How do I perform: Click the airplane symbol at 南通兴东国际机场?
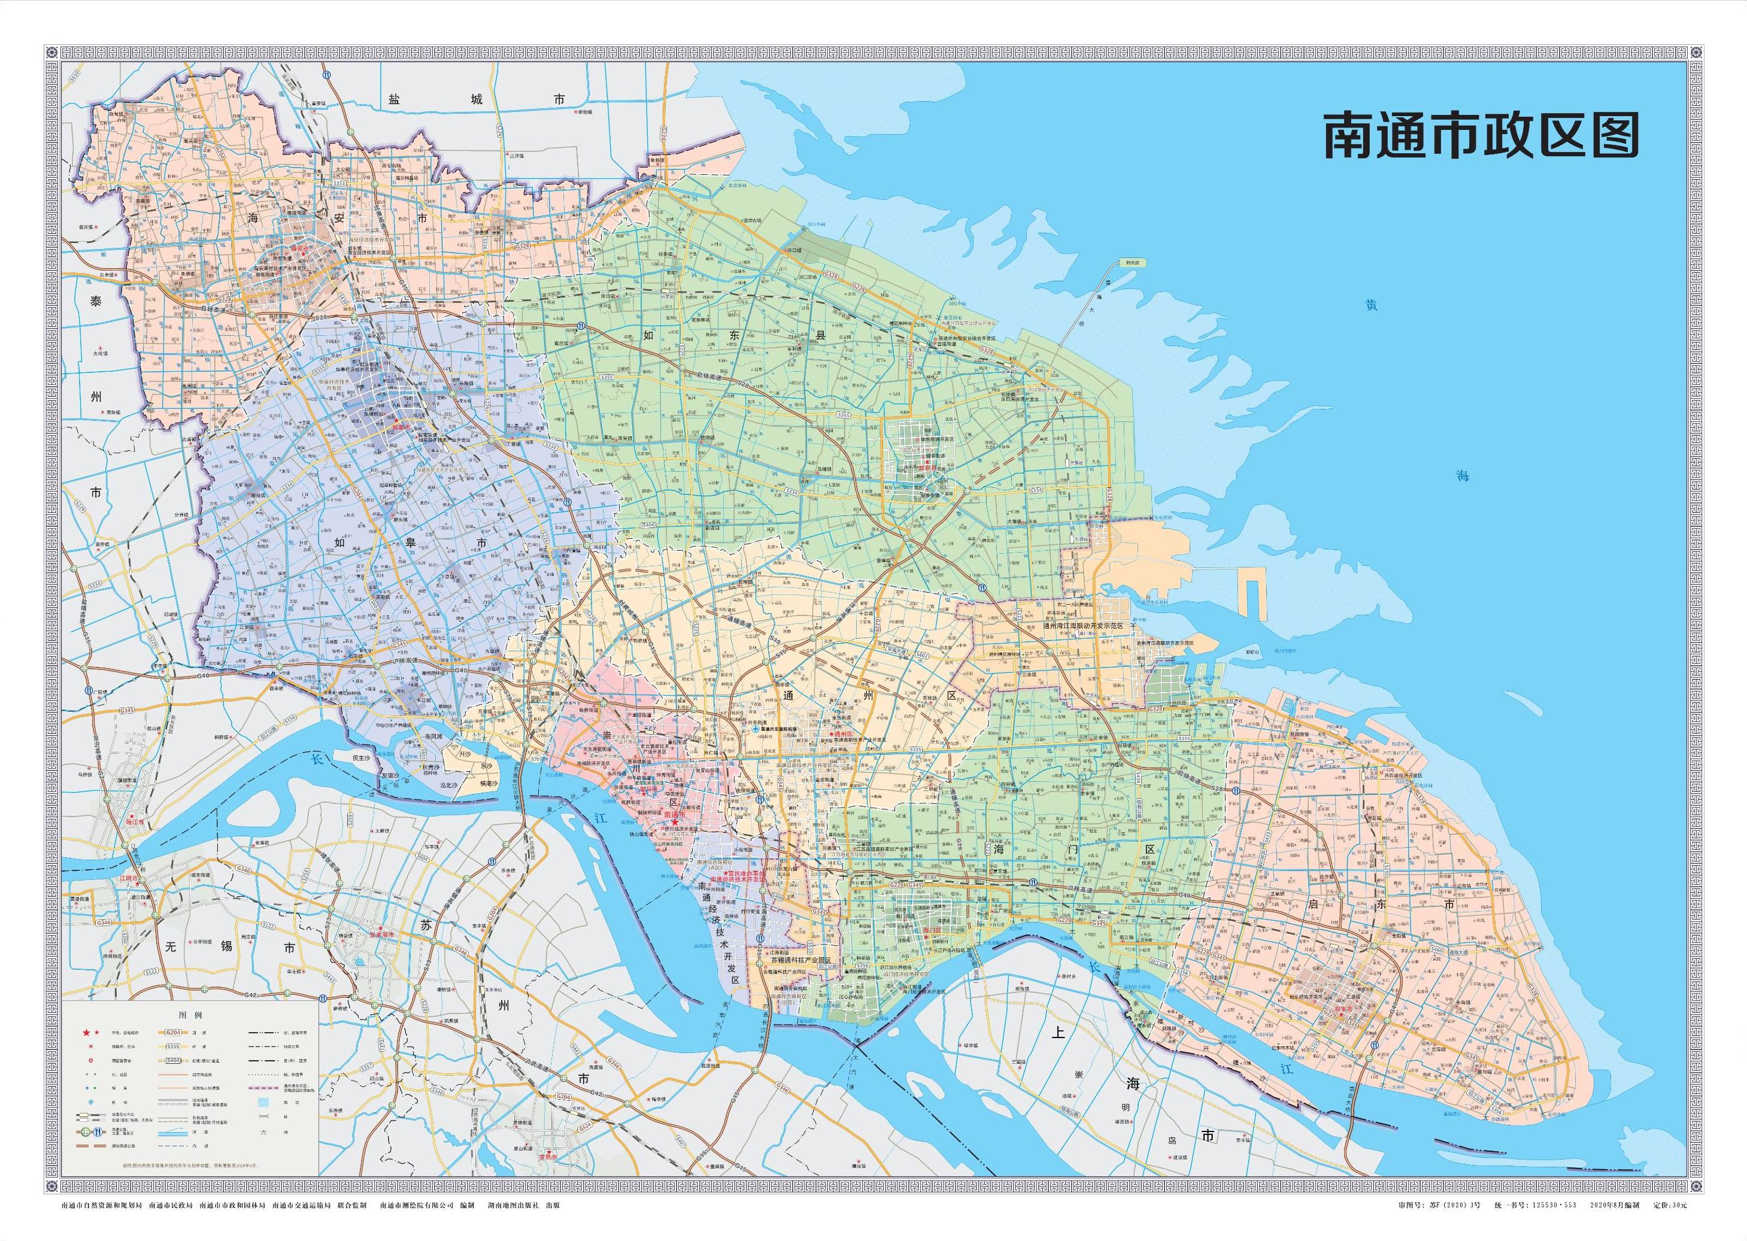[x=755, y=730]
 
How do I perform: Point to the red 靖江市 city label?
[x=135, y=822]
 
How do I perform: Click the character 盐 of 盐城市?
[x=393, y=99]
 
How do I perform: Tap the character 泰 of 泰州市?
[x=96, y=301]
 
